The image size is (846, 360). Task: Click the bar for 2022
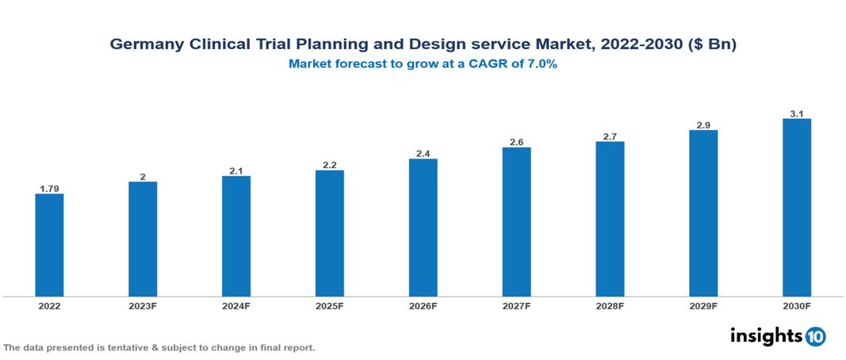(x=49, y=245)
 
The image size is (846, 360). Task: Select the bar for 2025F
(x=330, y=233)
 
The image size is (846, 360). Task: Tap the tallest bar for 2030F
(x=797, y=208)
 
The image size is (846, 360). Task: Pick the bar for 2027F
(x=516, y=222)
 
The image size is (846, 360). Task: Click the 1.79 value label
(x=49, y=189)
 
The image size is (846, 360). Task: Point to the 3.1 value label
(x=797, y=114)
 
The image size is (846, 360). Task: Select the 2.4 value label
(x=423, y=154)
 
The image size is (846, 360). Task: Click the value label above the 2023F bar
(x=143, y=177)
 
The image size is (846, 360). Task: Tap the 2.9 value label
(x=703, y=125)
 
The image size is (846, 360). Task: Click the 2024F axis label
(x=236, y=306)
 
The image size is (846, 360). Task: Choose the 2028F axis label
(x=610, y=306)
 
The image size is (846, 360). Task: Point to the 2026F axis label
(x=423, y=306)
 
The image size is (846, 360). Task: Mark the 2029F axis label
(x=703, y=306)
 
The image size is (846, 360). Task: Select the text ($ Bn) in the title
(x=712, y=45)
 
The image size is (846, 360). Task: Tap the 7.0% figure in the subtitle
(x=541, y=64)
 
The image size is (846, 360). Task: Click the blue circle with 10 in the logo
(x=815, y=336)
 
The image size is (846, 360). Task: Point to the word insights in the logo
(x=766, y=335)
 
